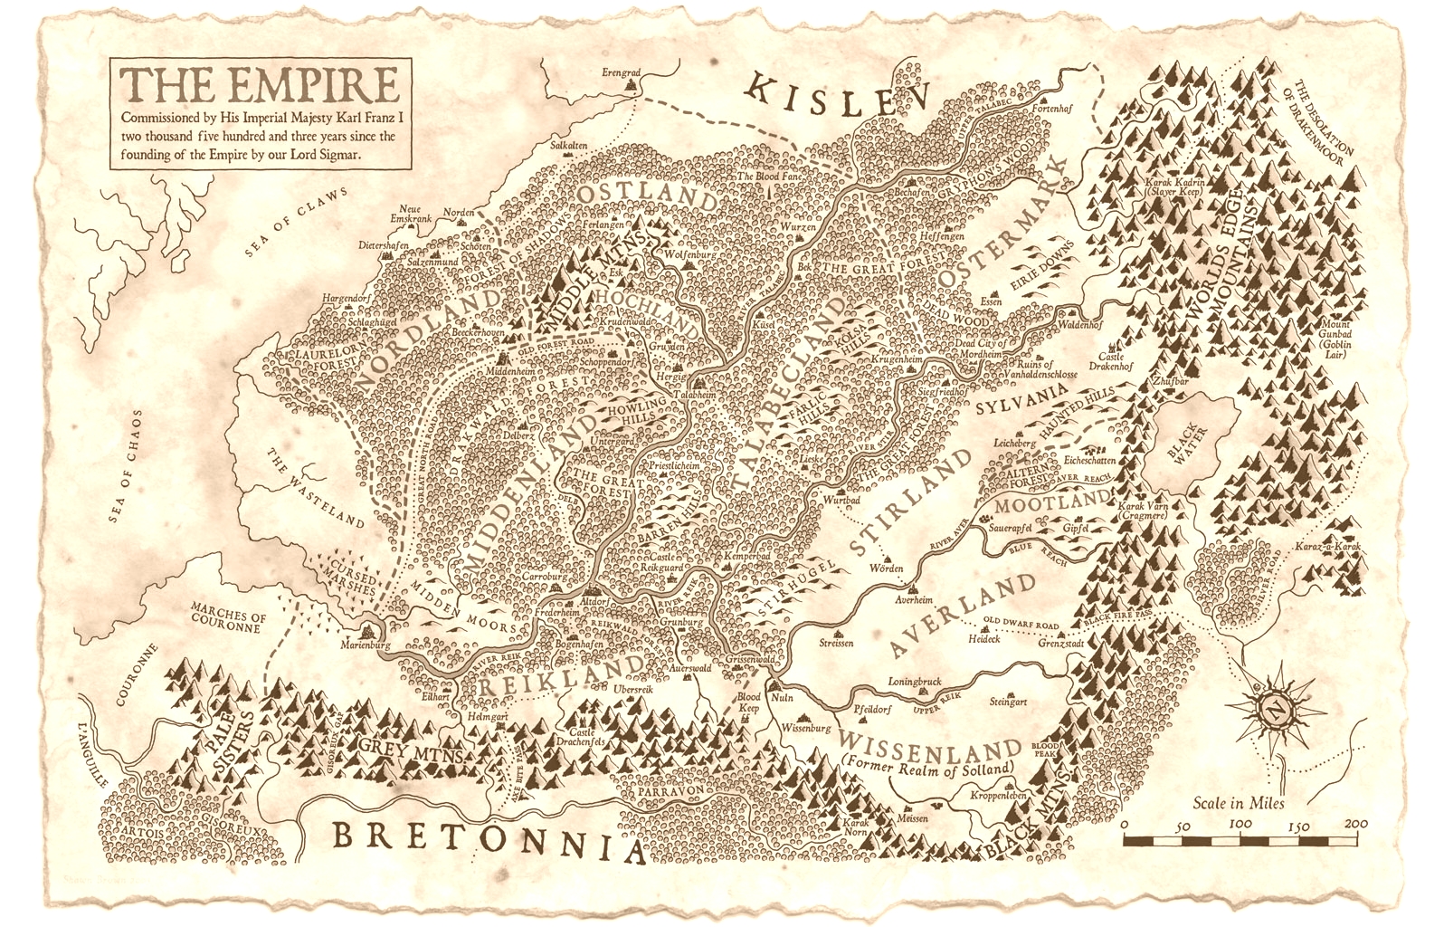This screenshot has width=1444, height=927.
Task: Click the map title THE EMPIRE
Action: click(262, 84)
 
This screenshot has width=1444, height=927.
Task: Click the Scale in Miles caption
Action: click(1238, 802)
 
